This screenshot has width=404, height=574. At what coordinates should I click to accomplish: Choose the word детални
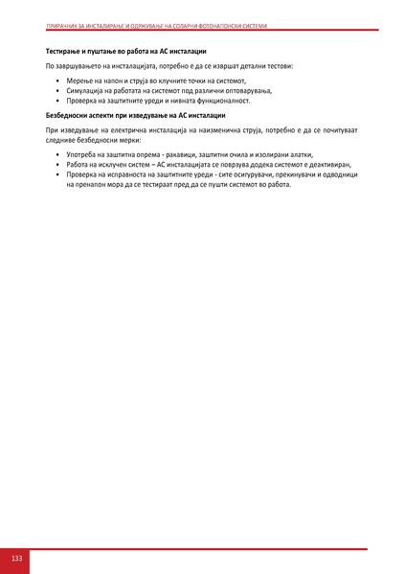(252, 66)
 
